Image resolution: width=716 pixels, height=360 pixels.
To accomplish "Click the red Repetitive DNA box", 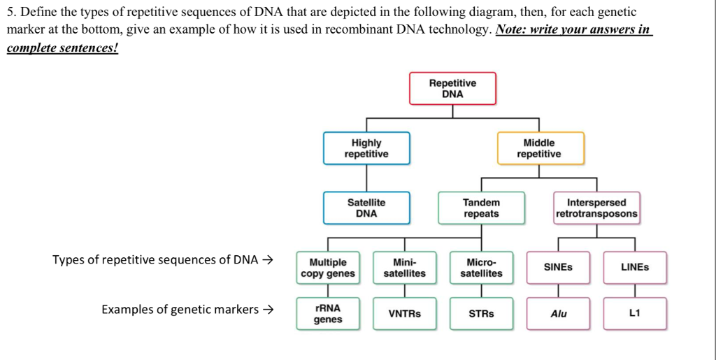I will pyautogui.click(x=452, y=89).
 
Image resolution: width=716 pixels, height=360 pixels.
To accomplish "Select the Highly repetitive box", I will pyautogui.click(x=366, y=148).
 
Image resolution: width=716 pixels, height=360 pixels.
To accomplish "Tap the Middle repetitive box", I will pyautogui.click(x=539, y=148).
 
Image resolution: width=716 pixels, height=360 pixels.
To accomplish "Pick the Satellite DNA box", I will pyautogui.click(x=366, y=208).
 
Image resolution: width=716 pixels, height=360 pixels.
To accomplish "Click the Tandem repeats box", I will pyautogui.click(x=481, y=208).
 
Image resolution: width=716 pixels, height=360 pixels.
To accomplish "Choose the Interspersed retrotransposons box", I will pyautogui.click(x=596, y=208).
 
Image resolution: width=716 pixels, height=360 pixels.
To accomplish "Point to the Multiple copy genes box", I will pyautogui.click(x=328, y=268).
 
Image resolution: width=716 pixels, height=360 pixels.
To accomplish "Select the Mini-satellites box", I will pyautogui.click(x=404, y=268).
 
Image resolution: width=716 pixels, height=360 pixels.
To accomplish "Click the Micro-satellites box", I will pyautogui.click(x=481, y=268).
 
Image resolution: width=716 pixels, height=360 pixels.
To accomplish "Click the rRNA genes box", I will pyautogui.click(x=328, y=314).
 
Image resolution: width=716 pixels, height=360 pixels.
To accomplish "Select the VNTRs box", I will pyautogui.click(x=404, y=314).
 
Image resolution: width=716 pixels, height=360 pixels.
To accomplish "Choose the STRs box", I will pyautogui.click(x=481, y=314).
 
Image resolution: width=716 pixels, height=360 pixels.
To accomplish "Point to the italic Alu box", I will pyautogui.click(x=558, y=314).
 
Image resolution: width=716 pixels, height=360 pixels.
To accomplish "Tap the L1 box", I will pyautogui.click(x=635, y=314).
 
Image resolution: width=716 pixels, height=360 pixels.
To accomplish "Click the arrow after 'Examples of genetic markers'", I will pyautogui.click(x=268, y=310).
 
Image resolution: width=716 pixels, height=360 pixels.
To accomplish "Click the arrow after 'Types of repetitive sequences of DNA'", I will pyautogui.click(x=268, y=260).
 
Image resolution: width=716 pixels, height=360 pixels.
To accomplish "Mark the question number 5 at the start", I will pyautogui.click(x=10, y=13).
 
